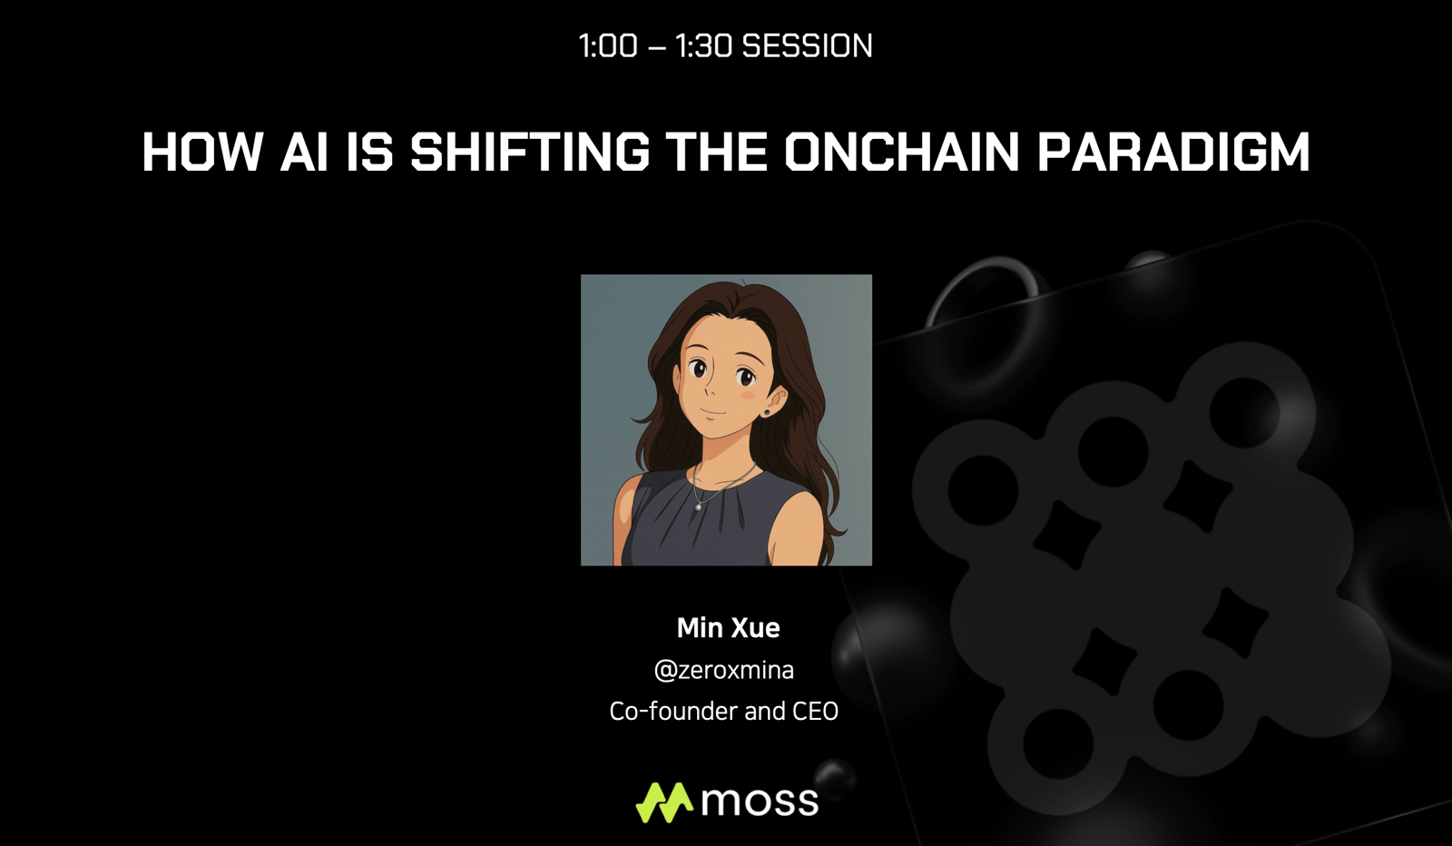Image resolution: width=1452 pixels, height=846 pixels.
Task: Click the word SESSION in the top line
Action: click(x=807, y=46)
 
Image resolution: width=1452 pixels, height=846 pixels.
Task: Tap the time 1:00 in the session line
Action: click(x=608, y=46)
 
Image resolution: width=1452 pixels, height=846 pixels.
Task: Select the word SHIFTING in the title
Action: click(x=530, y=152)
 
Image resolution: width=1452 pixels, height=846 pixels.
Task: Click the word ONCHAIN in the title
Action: click(x=902, y=152)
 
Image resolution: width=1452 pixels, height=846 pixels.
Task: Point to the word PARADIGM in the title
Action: click(x=1174, y=152)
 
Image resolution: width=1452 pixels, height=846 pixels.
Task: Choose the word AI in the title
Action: click(x=303, y=152)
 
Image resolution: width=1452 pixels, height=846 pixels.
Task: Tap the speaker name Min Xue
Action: click(x=728, y=627)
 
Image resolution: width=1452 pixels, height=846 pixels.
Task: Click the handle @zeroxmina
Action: click(x=724, y=670)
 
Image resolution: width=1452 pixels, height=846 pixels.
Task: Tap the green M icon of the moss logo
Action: click(x=664, y=802)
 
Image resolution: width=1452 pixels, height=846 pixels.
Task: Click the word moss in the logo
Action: click(x=760, y=802)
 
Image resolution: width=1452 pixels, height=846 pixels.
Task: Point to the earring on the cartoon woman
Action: click(x=767, y=412)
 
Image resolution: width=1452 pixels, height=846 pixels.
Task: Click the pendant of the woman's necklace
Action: click(x=698, y=507)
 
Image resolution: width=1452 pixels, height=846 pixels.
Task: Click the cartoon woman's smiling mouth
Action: click(x=713, y=413)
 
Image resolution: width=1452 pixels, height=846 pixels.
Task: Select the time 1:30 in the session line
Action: click(x=704, y=46)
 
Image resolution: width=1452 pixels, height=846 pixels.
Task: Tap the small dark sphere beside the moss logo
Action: click(x=835, y=779)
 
